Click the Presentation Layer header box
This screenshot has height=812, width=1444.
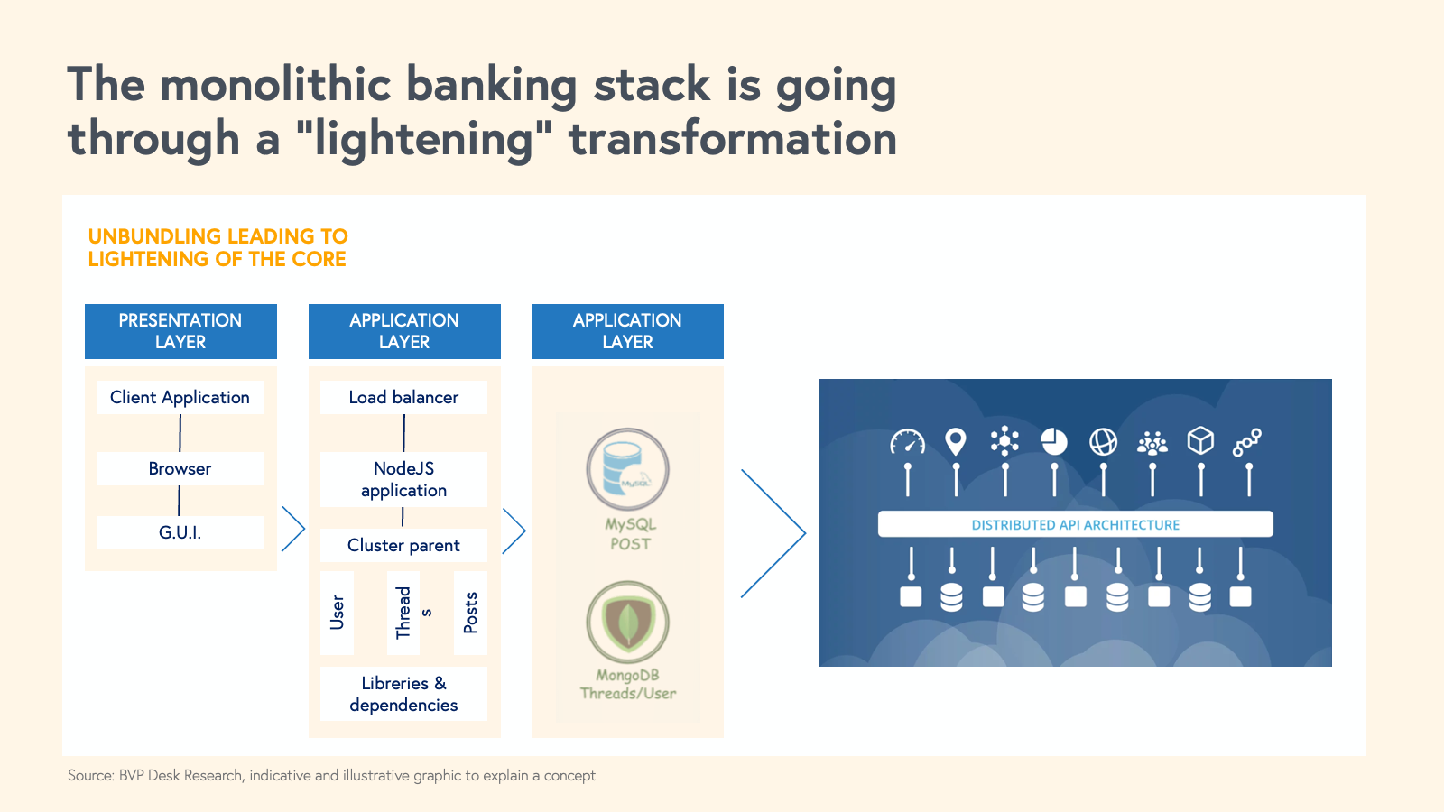click(180, 331)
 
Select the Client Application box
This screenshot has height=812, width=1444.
click(180, 397)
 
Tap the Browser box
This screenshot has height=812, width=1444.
click(180, 468)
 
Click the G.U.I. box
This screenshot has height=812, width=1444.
click(180, 532)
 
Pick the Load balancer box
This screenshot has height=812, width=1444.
click(403, 397)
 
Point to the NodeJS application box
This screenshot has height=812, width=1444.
click(403, 479)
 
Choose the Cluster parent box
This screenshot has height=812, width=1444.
click(403, 545)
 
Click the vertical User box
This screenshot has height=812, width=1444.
click(337, 613)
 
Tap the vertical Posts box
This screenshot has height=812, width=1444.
click(470, 613)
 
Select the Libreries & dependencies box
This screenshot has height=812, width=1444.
click(403, 694)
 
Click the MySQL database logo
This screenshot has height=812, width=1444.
click(627, 469)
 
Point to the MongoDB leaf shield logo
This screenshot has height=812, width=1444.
click(627, 622)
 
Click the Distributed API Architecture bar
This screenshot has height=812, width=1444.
click(1075, 524)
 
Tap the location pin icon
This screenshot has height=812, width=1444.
click(956, 441)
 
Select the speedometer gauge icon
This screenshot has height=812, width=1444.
click(907, 441)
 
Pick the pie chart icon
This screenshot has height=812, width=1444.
click(1053, 441)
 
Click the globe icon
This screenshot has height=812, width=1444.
click(1103, 441)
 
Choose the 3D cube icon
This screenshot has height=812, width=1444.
click(1200, 440)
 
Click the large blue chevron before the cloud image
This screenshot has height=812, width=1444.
click(774, 533)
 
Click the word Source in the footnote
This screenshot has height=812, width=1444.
click(90, 775)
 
